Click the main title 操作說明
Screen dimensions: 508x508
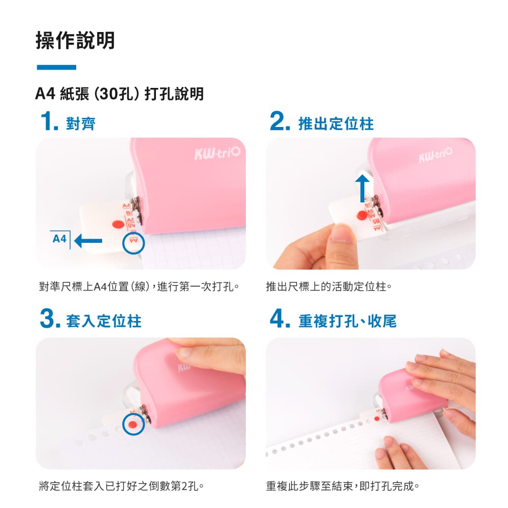pyautogui.click(x=76, y=41)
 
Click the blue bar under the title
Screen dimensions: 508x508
pyautogui.click(x=56, y=67)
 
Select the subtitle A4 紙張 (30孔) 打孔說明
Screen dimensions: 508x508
pyautogui.click(x=119, y=94)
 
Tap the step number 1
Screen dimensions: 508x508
pyautogui.click(x=49, y=123)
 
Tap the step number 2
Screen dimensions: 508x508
pyautogui.click(x=280, y=123)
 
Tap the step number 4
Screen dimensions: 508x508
pyautogui.click(x=280, y=320)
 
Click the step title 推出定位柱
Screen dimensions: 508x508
pyautogui.click(x=336, y=124)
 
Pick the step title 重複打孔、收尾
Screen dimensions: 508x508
pyautogui.click(x=347, y=321)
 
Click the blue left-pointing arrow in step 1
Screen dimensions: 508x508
pyautogui.click(x=88, y=241)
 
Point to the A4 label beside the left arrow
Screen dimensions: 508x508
pyautogui.click(x=60, y=238)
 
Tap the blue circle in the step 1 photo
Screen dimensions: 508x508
pyautogui.click(x=134, y=244)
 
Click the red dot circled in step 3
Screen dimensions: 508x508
pyautogui.click(x=133, y=424)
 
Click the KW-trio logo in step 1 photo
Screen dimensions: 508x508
pyautogui.click(x=216, y=153)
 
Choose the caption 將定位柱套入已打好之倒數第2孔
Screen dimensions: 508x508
pyautogui.click(x=121, y=485)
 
